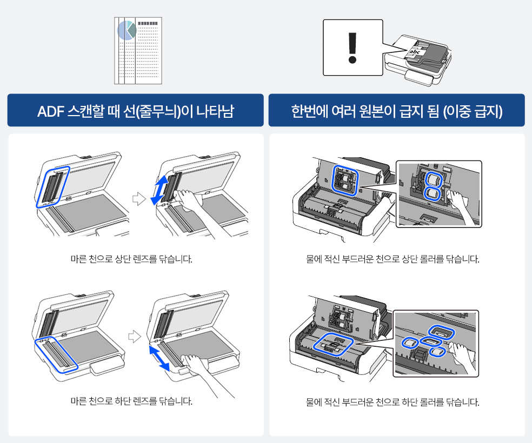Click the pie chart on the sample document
click(x=127, y=30)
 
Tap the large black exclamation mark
click(x=353, y=46)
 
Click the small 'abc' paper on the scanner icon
click(x=415, y=52)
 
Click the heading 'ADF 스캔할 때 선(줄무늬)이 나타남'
click(x=135, y=111)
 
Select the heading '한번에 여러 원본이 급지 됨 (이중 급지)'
click(x=396, y=111)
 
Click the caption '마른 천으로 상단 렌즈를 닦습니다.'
click(x=131, y=259)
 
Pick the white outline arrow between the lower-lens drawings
click(x=135, y=337)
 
